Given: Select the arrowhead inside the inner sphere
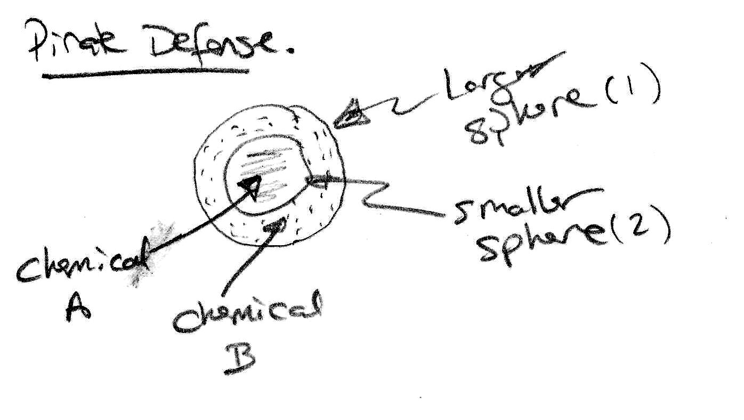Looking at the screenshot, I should [x=248, y=184].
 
